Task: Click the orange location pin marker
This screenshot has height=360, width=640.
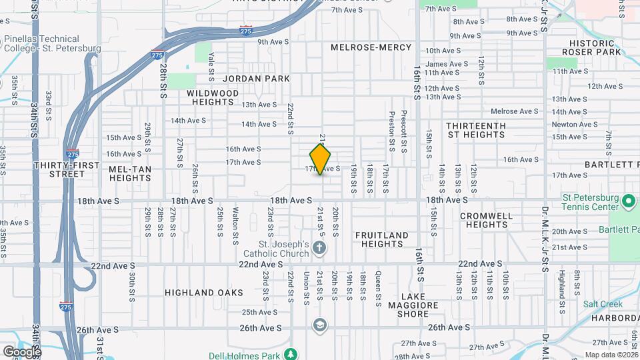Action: click(x=321, y=159)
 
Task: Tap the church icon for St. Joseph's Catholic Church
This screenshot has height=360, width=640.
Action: click(x=320, y=249)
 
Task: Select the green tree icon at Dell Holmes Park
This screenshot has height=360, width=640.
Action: click(x=290, y=353)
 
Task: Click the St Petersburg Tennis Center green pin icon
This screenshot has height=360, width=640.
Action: click(x=628, y=200)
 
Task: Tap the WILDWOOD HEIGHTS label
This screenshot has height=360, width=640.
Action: click(x=213, y=97)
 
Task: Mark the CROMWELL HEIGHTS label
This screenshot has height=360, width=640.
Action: click(x=487, y=220)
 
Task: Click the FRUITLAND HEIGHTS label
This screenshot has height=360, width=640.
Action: click(x=381, y=239)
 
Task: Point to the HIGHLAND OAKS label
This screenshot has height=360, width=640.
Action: click(x=194, y=293)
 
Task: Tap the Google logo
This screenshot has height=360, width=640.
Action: click(x=21, y=351)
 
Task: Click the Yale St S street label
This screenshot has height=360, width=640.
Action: click(x=211, y=64)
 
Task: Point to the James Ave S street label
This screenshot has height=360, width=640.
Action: click(x=445, y=64)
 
